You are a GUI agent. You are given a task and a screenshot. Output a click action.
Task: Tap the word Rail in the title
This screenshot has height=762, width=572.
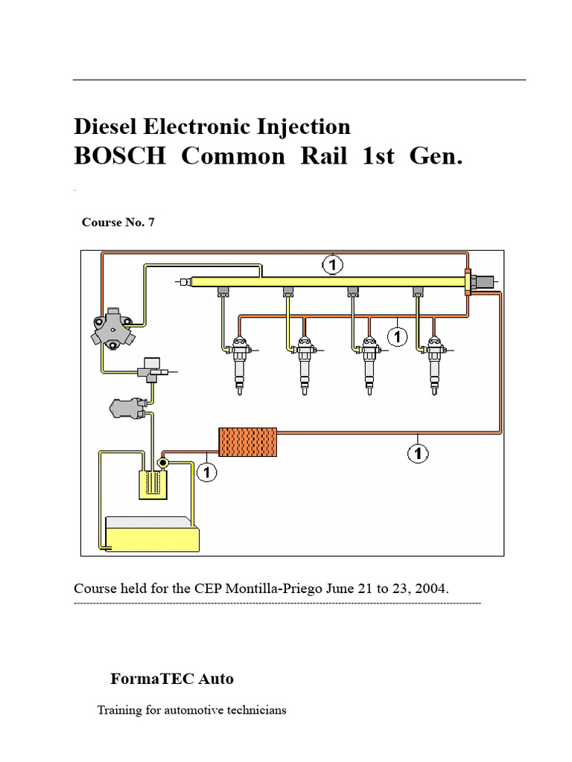point(319,157)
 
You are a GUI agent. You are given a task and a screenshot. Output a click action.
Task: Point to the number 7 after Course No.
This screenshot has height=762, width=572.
point(151,222)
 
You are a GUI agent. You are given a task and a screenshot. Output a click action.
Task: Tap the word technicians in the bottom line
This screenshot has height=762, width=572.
point(252,710)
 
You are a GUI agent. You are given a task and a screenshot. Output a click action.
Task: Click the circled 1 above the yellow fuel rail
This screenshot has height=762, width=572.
point(333,263)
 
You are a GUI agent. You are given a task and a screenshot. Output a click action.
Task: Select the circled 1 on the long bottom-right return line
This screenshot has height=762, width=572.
point(418,453)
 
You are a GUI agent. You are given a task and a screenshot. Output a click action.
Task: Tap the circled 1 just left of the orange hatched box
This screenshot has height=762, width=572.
point(206,471)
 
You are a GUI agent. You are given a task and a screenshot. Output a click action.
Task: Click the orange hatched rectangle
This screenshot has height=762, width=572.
point(247,442)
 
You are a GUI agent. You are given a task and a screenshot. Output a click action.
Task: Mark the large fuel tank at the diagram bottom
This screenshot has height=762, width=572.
point(153,534)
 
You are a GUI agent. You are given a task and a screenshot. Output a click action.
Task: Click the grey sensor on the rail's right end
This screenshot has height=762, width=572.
point(482,281)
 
